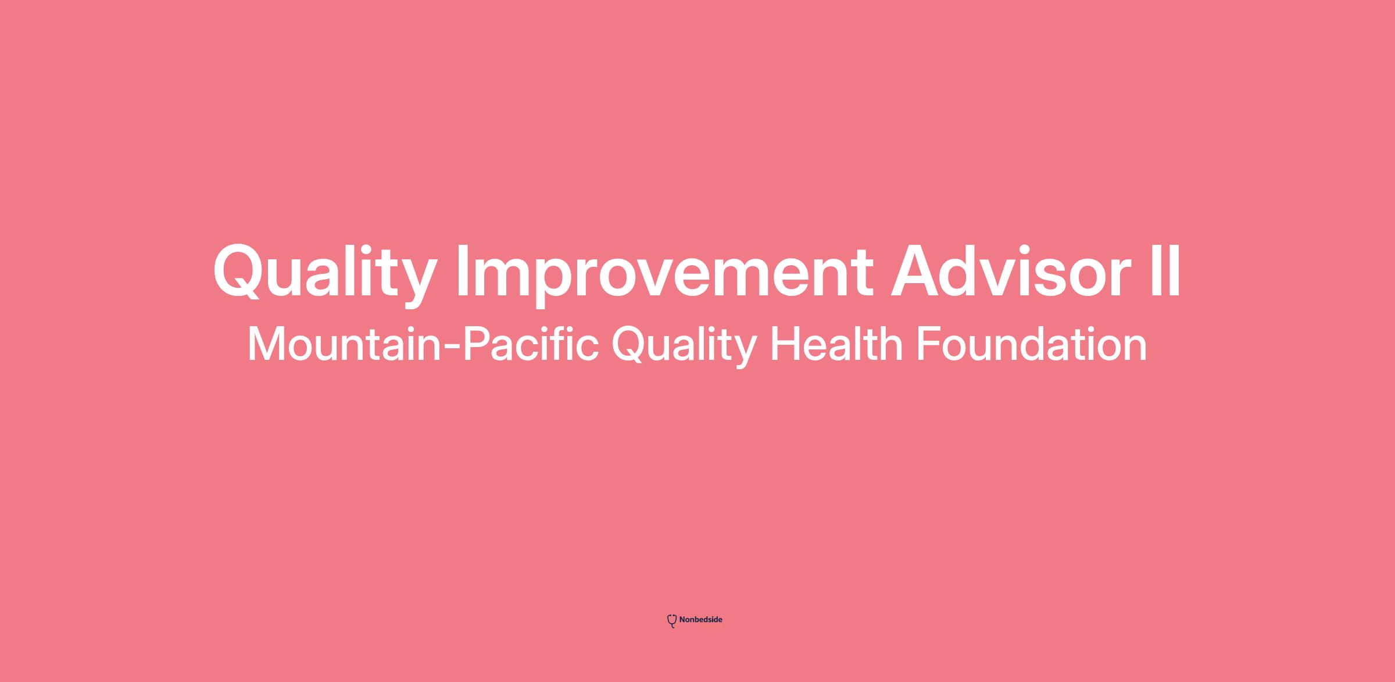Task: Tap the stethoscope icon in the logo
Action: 672,621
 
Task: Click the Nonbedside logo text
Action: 700,620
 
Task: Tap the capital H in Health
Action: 785,344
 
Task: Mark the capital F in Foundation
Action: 929,344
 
